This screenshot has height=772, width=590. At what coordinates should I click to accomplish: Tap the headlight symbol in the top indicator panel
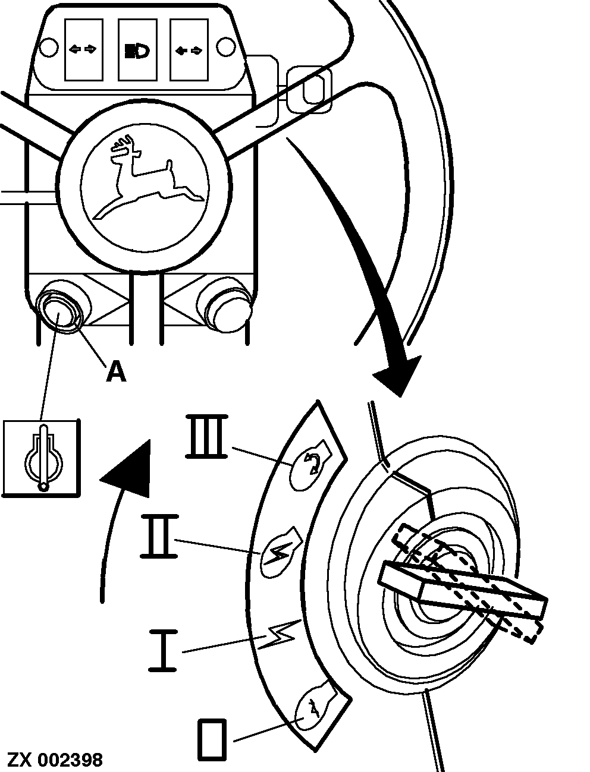(x=137, y=51)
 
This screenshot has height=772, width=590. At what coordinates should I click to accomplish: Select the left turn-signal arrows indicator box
(x=83, y=50)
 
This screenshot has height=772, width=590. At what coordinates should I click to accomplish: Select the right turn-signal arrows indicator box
(x=190, y=50)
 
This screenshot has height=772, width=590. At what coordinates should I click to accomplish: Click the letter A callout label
(x=117, y=371)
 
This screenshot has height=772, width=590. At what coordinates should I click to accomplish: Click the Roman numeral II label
(x=159, y=536)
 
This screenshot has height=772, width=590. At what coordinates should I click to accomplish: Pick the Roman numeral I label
(x=162, y=650)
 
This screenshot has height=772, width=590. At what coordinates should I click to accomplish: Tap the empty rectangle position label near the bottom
(x=212, y=739)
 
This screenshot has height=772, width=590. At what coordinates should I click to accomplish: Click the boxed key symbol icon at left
(x=41, y=458)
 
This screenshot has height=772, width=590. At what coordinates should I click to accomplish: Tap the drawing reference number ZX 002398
(x=55, y=759)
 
